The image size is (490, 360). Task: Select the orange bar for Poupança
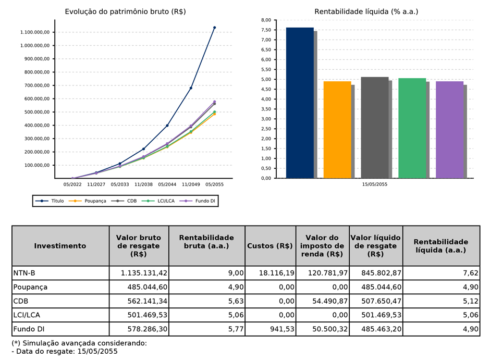click(337, 130)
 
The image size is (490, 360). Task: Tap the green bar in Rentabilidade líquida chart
click(412, 128)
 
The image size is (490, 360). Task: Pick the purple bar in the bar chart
click(449, 130)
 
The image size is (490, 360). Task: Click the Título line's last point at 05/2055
click(214, 28)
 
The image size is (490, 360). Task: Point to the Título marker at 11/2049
click(191, 88)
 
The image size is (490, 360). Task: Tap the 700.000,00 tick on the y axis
click(35, 85)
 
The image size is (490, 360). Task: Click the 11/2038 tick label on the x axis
click(143, 184)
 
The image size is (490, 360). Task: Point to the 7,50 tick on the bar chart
click(265, 30)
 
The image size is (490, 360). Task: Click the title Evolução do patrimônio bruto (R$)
click(125, 11)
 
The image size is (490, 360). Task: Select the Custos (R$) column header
click(270, 246)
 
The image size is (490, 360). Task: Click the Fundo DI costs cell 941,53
click(280, 329)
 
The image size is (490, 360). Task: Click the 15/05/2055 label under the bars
click(375, 184)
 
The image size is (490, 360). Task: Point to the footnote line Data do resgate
click(65, 352)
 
